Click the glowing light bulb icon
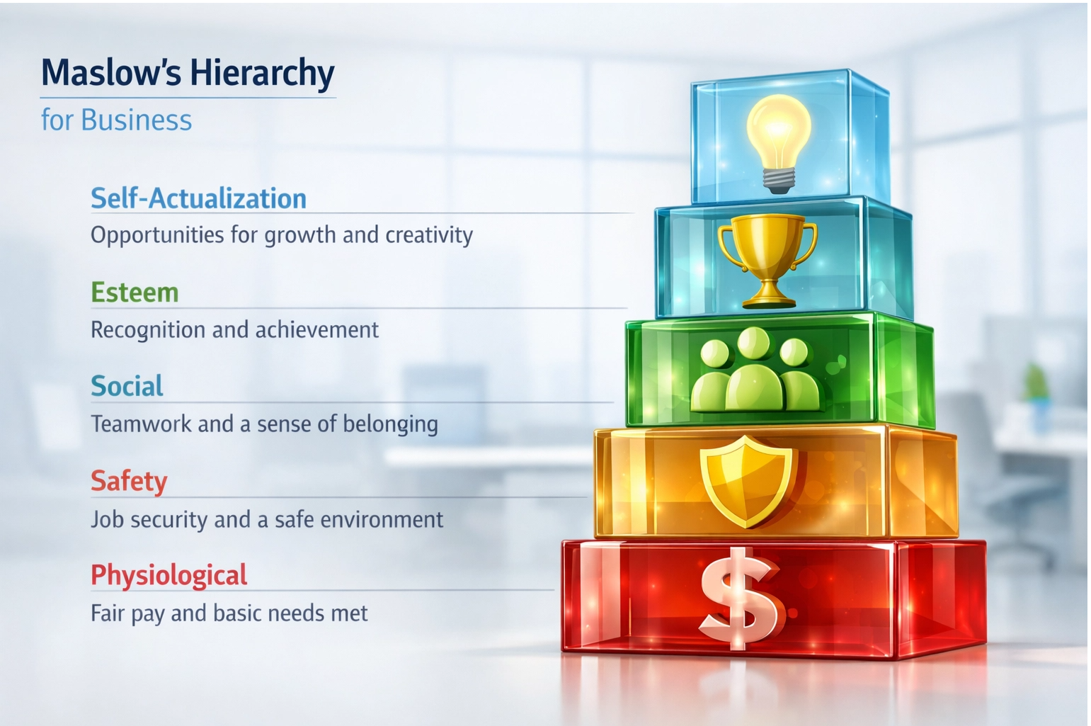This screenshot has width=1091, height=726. pyautogui.click(x=778, y=135)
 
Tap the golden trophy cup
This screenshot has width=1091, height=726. pyautogui.click(x=767, y=255)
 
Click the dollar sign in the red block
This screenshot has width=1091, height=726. pyautogui.click(x=741, y=599)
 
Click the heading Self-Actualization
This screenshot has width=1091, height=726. pyautogui.click(x=198, y=198)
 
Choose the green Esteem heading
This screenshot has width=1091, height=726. pyautogui.click(x=135, y=293)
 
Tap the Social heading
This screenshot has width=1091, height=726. pyautogui.click(x=127, y=387)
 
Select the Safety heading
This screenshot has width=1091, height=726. pyautogui.click(x=129, y=482)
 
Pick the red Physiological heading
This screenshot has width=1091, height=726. pyautogui.click(x=168, y=575)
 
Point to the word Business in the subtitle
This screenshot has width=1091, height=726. pyautogui.click(x=136, y=120)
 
